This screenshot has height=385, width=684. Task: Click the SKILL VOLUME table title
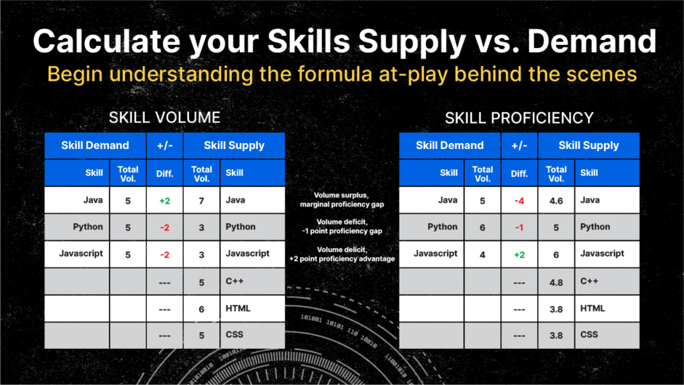click(x=164, y=118)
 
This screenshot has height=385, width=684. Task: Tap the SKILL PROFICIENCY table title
click(x=519, y=118)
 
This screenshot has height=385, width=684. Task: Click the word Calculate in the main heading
click(x=106, y=41)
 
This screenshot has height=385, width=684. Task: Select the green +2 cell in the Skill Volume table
click(x=164, y=201)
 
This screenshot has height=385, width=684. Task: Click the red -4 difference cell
click(x=519, y=201)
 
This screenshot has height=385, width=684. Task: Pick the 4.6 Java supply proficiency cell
click(x=556, y=201)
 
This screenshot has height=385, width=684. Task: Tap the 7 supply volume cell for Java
click(x=201, y=201)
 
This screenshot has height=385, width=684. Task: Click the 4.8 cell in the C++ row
click(x=556, y=283)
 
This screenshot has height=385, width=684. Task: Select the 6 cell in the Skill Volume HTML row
click(x=201, y=309)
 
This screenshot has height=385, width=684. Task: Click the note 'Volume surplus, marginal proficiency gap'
click(x=342, y=200)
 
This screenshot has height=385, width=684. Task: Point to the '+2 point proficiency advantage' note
click(x=342, y=259)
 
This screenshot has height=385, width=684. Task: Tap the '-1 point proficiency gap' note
click(x=342, y=231)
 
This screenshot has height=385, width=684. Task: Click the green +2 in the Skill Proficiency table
click(x=519, y=255)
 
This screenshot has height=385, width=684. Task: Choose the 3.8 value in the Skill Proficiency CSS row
click(x=556, y=336)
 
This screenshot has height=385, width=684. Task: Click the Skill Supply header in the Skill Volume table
click(x=234, y=145)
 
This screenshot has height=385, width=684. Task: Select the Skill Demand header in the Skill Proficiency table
click(x=450, y=145)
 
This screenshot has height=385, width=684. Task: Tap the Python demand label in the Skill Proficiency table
click(x=442, y=227)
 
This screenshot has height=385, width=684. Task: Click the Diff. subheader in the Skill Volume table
click(x=164, y=174)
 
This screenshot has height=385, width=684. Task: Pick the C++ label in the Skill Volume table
click(x=234, y=281)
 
